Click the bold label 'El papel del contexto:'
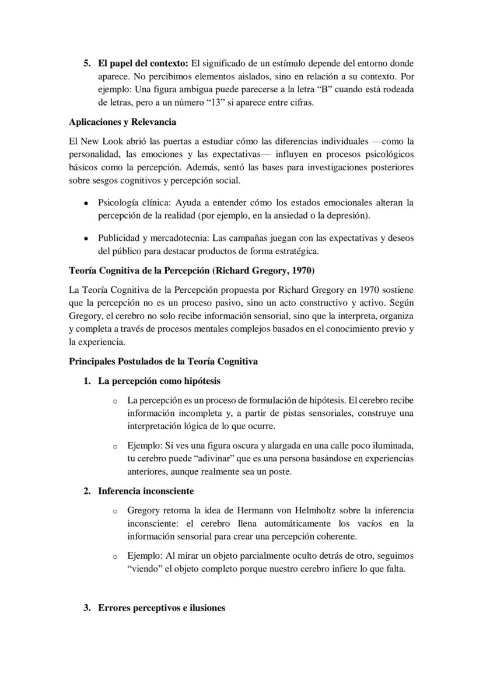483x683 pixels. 140,63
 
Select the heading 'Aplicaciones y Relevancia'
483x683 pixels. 123,122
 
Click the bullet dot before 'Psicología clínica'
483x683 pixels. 86,203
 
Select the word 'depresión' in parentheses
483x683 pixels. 350,215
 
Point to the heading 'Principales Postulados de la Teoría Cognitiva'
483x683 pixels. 163,361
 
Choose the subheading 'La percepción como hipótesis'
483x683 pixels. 159,381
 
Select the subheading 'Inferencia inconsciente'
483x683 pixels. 146,491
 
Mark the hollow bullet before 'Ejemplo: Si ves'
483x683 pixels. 115,447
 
